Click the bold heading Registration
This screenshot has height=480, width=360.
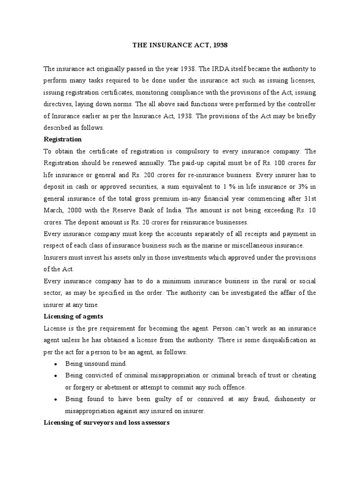(x=62, y=139)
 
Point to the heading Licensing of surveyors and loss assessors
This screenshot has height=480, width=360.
(x=106, y=422)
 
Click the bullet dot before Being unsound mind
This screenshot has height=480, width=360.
(x=56, y=364)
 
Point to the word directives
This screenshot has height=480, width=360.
(x=59, y=104)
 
